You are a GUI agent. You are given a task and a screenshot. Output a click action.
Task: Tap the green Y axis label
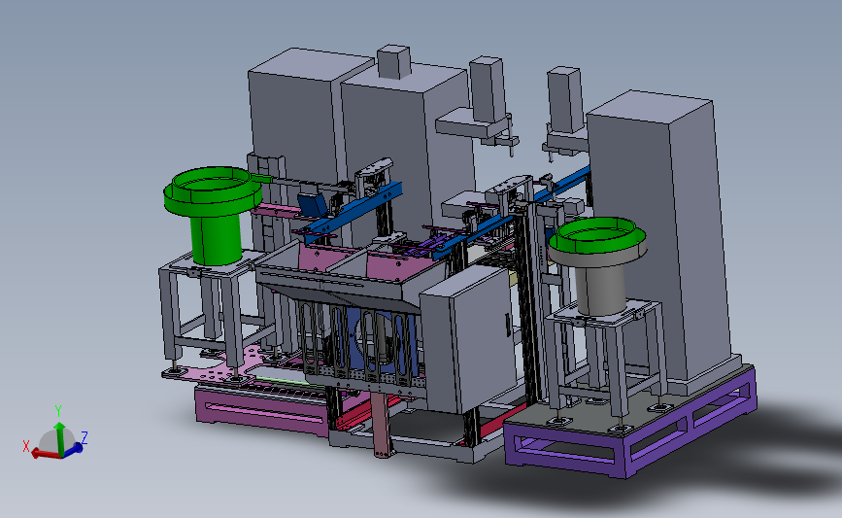pos(58,412)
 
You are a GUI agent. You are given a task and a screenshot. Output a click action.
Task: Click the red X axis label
pos(26,446)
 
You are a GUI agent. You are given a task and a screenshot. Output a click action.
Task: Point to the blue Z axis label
pos(84,437)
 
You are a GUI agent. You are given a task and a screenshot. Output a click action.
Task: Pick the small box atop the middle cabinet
pos(394,62)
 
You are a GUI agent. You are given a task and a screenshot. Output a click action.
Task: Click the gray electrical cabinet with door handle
pos(468,337)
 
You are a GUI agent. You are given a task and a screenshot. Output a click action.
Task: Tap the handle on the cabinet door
pos(508,325)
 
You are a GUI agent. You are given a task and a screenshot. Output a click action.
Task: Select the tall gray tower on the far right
pos(659,236)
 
